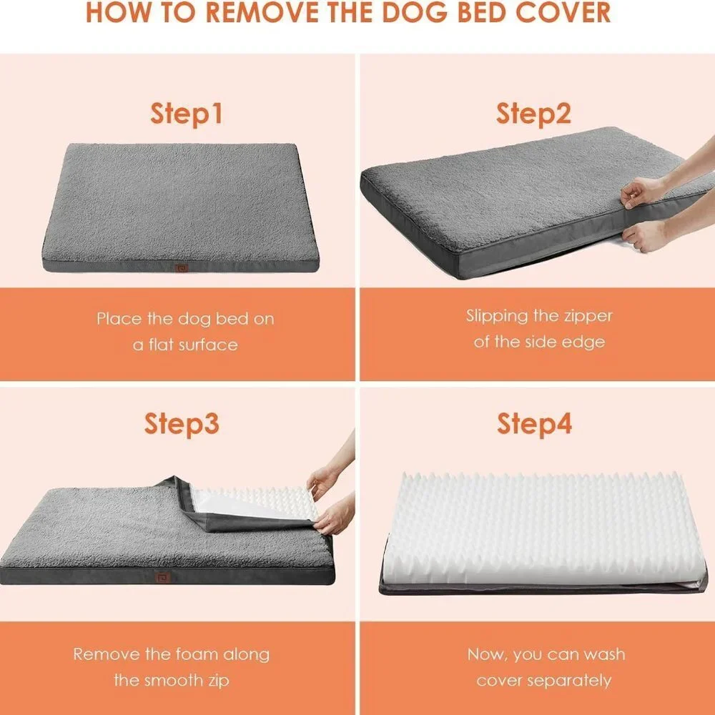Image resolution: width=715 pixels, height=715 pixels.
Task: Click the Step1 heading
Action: point(187,114)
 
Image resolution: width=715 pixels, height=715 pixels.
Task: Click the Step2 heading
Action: point(533,114)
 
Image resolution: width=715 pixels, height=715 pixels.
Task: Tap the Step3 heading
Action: point(182,424)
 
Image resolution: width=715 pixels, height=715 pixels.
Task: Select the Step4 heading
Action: point(534,424)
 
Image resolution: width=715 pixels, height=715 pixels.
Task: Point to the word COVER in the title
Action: point(563,12)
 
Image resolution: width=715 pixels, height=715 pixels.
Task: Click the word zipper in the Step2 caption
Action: point(588,316)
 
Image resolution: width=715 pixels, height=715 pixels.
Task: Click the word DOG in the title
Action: point(415,12)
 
